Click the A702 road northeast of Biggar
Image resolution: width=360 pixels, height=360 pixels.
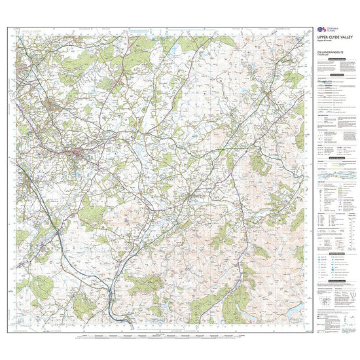point(223,157)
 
